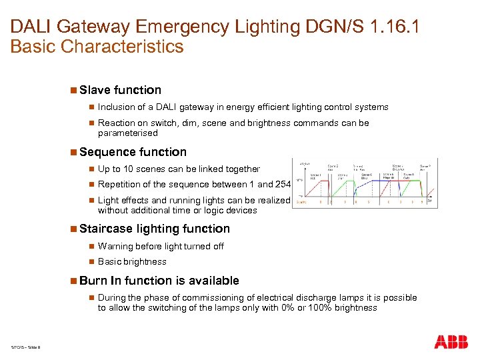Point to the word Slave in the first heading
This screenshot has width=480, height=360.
point(95,90)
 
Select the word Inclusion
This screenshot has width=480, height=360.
point(116,107)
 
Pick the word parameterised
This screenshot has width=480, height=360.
point(128,133)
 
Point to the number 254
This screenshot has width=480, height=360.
point(283,185)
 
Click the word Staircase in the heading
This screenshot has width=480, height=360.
point(105,229)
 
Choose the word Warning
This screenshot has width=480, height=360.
point(115,247)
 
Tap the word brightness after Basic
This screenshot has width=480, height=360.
point(144,262)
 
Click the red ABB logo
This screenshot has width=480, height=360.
point(451,343)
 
